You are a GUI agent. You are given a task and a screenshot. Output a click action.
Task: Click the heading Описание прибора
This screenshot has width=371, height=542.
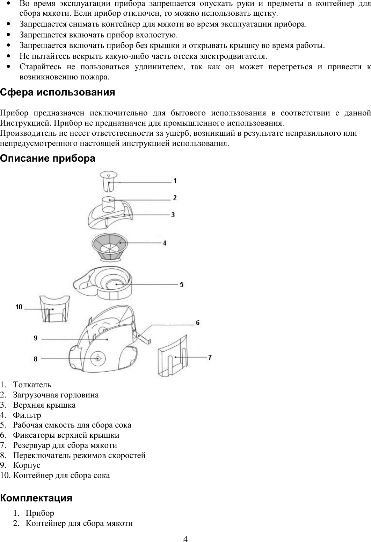pos(48,158)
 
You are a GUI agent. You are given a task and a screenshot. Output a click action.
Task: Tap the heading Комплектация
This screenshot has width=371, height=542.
pos(36,498)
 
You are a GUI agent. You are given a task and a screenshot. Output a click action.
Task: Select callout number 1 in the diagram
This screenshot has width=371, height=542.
pos(175,181)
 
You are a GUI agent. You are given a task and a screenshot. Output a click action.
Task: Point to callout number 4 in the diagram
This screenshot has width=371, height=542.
pos(165,242)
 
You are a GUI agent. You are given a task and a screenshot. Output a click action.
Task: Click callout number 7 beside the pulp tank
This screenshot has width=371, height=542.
pos(210,357)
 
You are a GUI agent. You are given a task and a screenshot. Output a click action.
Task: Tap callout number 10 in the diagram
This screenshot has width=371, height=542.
pos(19,307)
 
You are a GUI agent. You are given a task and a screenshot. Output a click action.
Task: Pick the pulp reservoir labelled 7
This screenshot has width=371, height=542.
pos(173,357)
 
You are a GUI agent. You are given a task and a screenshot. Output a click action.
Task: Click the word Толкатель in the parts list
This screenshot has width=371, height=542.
pos(32,385)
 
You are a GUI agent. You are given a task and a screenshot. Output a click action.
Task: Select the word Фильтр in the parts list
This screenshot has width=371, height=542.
pos(27,415)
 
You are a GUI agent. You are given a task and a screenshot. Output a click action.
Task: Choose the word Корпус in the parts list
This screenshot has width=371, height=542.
pos(27,465)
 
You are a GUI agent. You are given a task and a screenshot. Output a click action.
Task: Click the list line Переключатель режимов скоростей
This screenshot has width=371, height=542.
pos(79,455)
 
